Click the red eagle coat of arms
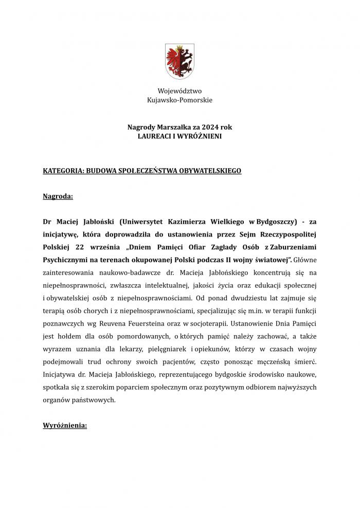click(179, 61)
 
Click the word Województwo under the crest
click(179, 91)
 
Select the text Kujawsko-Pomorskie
click(179, 100)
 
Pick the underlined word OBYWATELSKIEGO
click(208, 169)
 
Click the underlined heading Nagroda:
click(58, 196)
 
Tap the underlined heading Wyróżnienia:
click(65, 426)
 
